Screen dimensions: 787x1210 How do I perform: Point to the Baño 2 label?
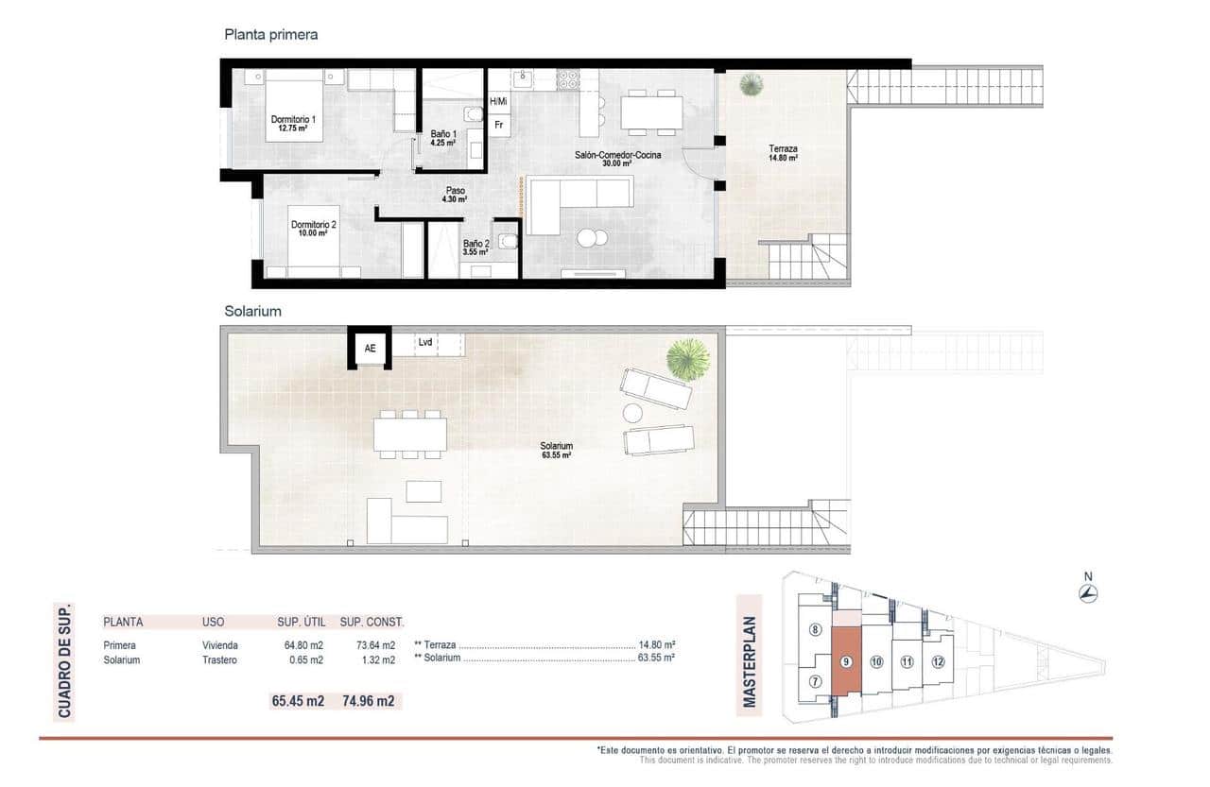(x=476, y=248)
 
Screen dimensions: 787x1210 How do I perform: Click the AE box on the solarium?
(x=370, y=348)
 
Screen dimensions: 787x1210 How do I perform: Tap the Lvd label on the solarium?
(x=425, y=343)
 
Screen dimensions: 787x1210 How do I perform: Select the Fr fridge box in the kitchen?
(x=498, y=125)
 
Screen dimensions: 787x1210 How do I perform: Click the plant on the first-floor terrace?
(x=750, y=86)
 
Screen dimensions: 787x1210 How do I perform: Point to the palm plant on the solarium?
(x=687, y=359)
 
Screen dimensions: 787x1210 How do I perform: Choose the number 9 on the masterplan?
(x=846, y=662)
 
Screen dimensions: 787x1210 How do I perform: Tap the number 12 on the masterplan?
(x=937, y=662)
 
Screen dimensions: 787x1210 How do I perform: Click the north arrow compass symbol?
(x=1088, y=593)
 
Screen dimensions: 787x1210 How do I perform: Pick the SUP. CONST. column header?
(x=372, y=622)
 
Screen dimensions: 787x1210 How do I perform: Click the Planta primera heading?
(x=270, y=34)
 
